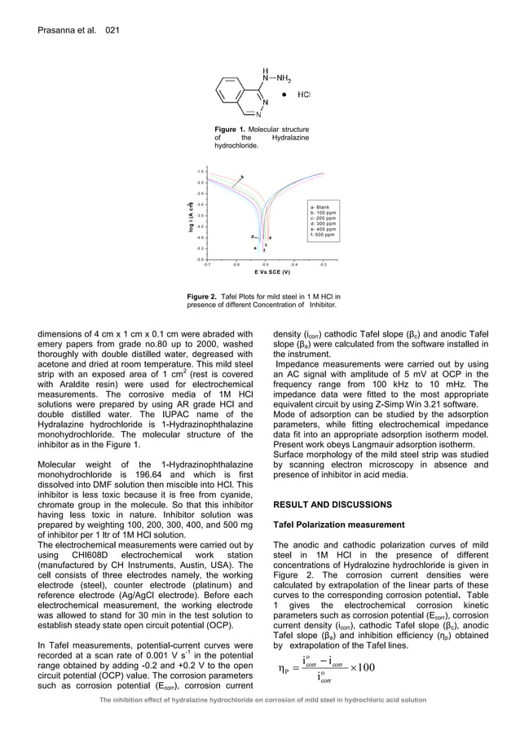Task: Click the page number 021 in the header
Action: (112, 30)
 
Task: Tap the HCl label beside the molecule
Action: (303, 95)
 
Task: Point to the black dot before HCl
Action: (283, 95)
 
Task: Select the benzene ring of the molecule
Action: (230, 95)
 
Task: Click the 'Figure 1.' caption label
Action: (230, 130)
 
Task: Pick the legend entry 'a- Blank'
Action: (323, 208)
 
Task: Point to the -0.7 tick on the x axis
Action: (206, 265)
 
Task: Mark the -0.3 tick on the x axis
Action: (324, 265)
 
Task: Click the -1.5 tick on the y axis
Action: (200, 172)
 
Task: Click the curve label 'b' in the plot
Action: (241, 177)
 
